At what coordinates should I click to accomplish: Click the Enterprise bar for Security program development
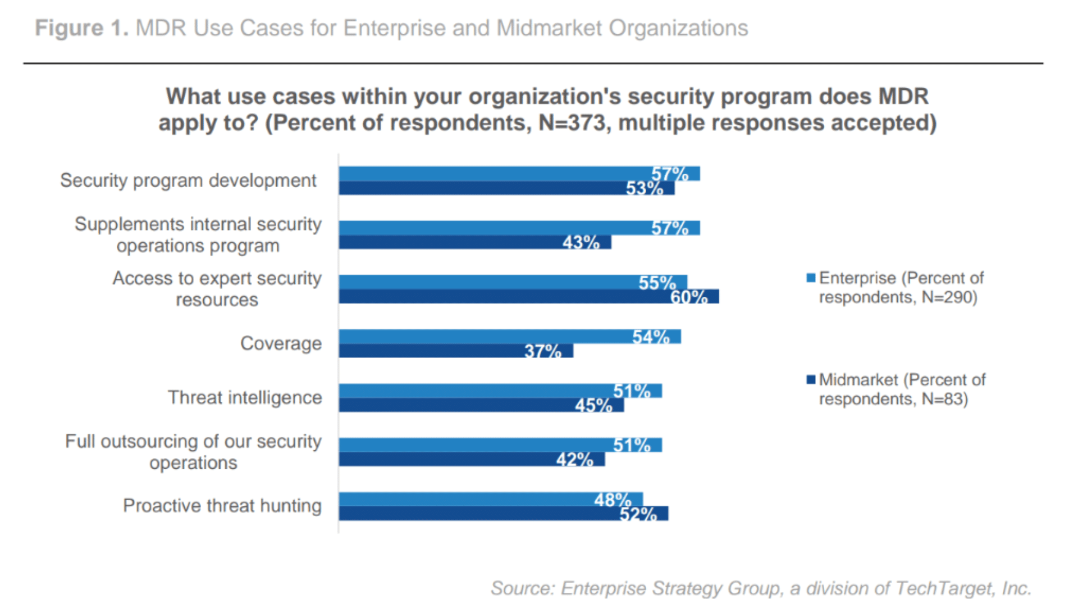click(494, 174)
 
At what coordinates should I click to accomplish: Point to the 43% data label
click(581, 242)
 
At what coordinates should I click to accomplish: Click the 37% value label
click(542, 351)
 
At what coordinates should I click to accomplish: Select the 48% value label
click(613, 499)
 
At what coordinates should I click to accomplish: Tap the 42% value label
click(574, 459)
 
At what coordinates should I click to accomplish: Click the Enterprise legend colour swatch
click(811, 278)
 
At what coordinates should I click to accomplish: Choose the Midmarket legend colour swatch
click(811, 379)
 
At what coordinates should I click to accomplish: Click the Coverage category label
click(281, 343)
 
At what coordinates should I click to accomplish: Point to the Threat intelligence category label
click(245, 397)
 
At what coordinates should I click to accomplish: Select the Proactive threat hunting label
click(222, 506)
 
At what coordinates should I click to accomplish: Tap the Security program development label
click(188, 180)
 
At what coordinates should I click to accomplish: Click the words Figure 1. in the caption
click(82, 28)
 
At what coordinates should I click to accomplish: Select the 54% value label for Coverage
click(651, 337)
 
